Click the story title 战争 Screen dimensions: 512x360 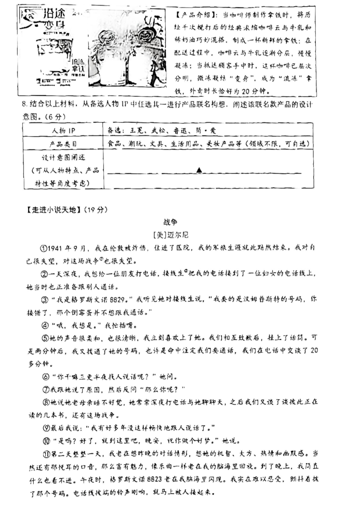(x=180, y=221)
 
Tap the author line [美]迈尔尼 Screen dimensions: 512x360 (x=179, y=234)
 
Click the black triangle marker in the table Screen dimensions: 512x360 (x=199, y=169)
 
